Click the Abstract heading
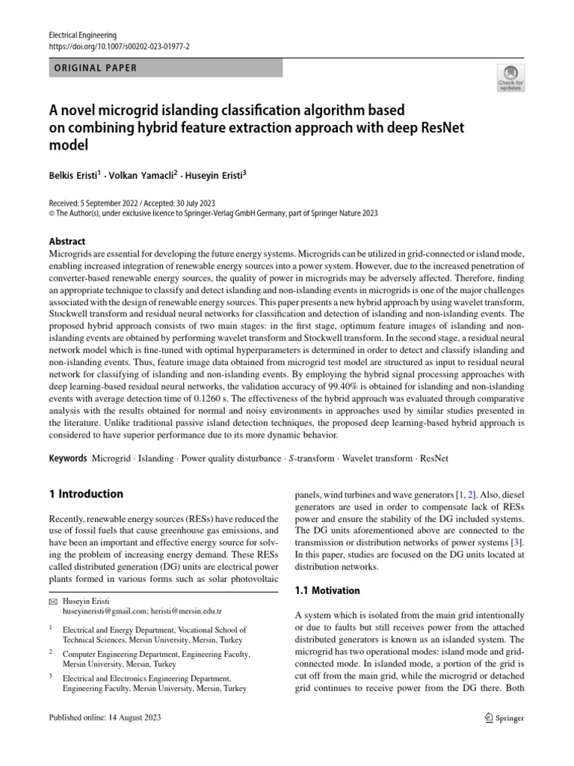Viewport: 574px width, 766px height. tap(67, 242)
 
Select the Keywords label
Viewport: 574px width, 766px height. tap(68, 458)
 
